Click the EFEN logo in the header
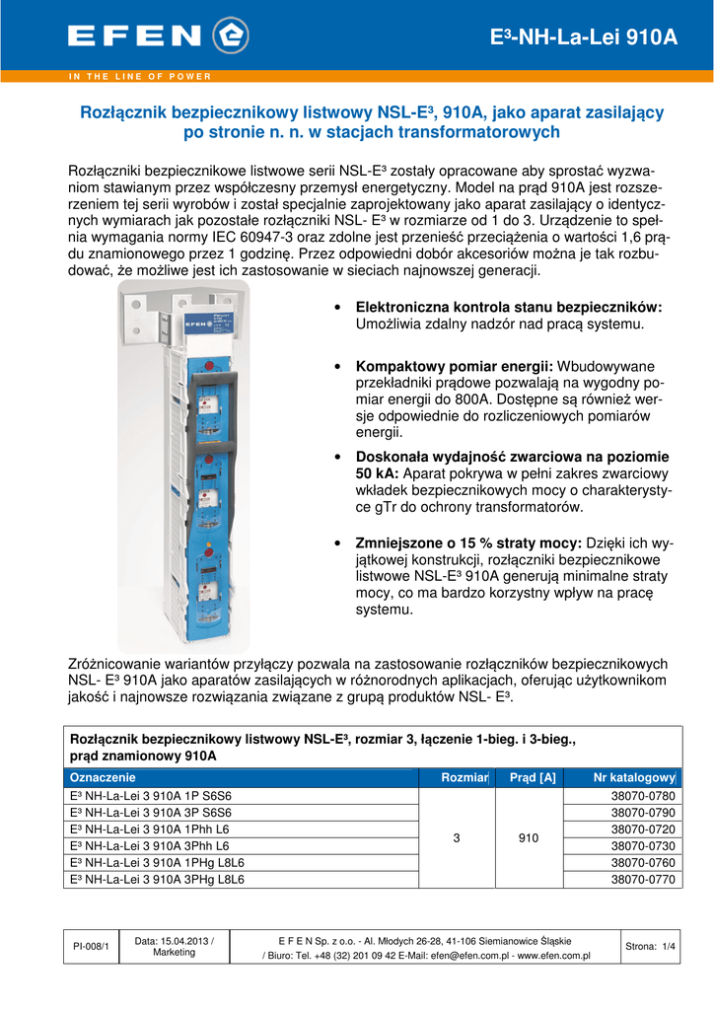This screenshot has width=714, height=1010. (x=158, y=36)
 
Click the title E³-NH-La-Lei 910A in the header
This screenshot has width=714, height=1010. (x=584, y=37)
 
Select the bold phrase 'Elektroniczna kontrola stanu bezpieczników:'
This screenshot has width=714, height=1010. (x=508, y=308)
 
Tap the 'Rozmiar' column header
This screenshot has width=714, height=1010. (x=465, y=778)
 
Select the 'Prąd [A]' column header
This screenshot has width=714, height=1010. (x=533, y=778)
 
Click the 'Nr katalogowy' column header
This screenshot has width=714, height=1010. (x=633, y=778)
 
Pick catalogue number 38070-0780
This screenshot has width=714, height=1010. (x=646, y=796)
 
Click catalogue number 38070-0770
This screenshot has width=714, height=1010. (x=646, y=880)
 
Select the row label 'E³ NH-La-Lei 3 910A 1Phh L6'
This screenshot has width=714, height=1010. (x=147, y=830)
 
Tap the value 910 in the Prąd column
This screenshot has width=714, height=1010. (x=529, y=838)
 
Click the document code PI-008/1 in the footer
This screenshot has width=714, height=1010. (x=92, y=947)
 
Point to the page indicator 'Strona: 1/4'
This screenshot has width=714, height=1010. (x=650, y=947)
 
